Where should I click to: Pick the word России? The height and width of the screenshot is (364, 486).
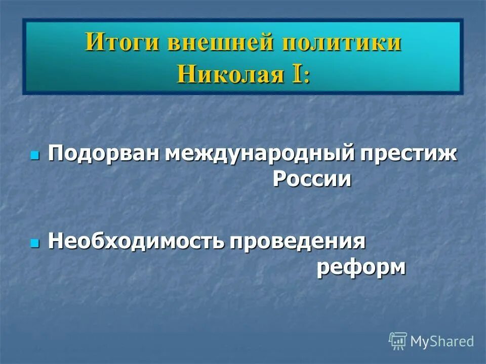[x=312, y=179]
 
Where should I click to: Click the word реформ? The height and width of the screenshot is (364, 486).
[x=361, y=267]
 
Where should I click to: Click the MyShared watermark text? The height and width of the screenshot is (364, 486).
[x=441, y=341]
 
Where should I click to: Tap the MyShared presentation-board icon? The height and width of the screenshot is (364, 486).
[x=398, y=341]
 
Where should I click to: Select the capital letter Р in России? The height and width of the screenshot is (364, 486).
[x=280, y=179]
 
